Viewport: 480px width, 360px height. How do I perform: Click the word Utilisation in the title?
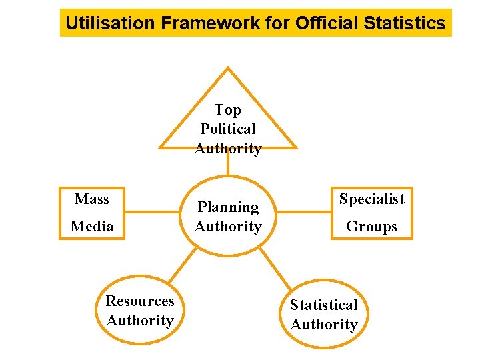[111, 23]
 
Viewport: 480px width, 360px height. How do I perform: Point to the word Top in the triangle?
[228, 110]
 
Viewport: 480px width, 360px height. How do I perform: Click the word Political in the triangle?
[228, 129]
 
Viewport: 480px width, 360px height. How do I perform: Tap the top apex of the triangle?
[228, 68]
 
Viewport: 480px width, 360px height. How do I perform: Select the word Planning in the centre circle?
[228, 207]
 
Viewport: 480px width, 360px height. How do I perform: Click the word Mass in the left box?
[92, 199]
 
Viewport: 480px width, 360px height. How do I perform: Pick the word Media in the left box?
[92, 227]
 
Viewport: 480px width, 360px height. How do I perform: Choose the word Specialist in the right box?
[371, 199]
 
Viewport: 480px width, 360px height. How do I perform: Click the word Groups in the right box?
[371, 227]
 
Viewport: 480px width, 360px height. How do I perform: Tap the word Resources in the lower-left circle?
[140, 301]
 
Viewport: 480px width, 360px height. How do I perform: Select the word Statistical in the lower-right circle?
[324, 305]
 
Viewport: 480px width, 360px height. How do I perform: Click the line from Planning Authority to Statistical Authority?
[274, 265]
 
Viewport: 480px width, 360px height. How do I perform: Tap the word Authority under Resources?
[140, 321]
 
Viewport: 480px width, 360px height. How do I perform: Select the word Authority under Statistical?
[324, 325]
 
